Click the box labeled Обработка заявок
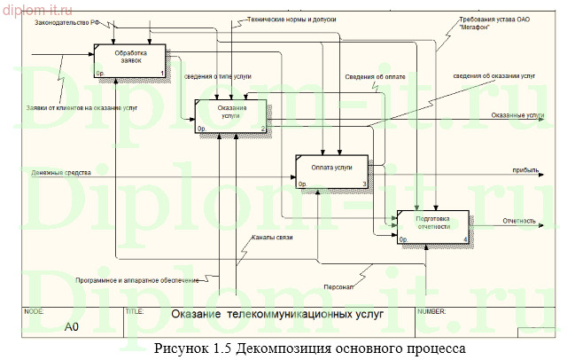tap(129, 60)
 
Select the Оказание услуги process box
tap(230, 116)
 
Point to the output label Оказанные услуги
tap(517, 115)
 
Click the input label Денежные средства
tap(61, 172)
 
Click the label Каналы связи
tap(271, 238)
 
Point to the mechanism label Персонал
tap(338, 286)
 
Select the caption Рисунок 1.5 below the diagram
tap(308, 348)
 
